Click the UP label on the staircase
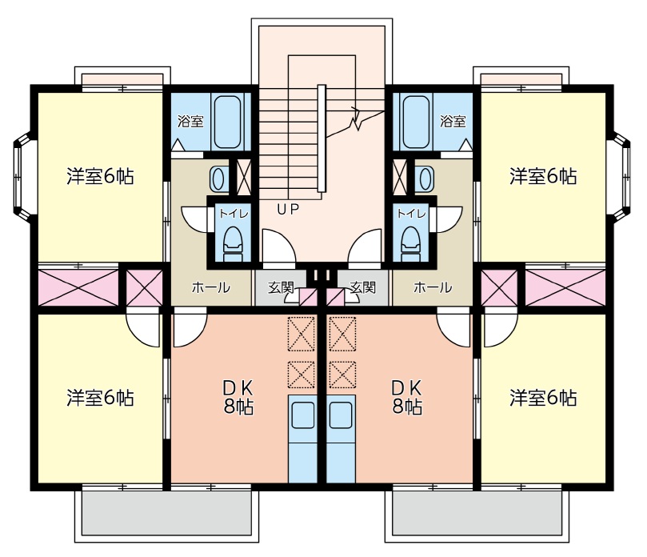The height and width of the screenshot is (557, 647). (288, 210)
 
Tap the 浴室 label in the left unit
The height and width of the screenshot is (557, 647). (190, 122)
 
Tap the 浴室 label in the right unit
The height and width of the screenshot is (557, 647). (453, 122)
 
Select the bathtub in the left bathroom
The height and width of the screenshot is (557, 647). (227, 122)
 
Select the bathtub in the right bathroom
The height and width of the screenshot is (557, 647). (415, 122)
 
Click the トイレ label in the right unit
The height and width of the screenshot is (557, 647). (411, 214)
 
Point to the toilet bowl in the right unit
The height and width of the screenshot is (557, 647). (410, 240)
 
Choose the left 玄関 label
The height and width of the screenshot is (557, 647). (280, 287)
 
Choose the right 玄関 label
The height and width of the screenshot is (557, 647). (362, 287)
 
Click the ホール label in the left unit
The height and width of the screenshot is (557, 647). (211, 287)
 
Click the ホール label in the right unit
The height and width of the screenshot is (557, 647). (432, 287)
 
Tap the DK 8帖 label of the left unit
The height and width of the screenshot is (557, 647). (238, 397)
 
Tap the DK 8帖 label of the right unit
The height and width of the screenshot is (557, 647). (406, 397)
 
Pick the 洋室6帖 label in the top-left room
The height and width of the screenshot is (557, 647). (100, 176)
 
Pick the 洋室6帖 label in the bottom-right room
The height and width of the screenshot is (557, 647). (543, 397)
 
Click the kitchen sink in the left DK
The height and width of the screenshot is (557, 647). (303, 415)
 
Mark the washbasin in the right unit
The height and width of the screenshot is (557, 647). (424, 176)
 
